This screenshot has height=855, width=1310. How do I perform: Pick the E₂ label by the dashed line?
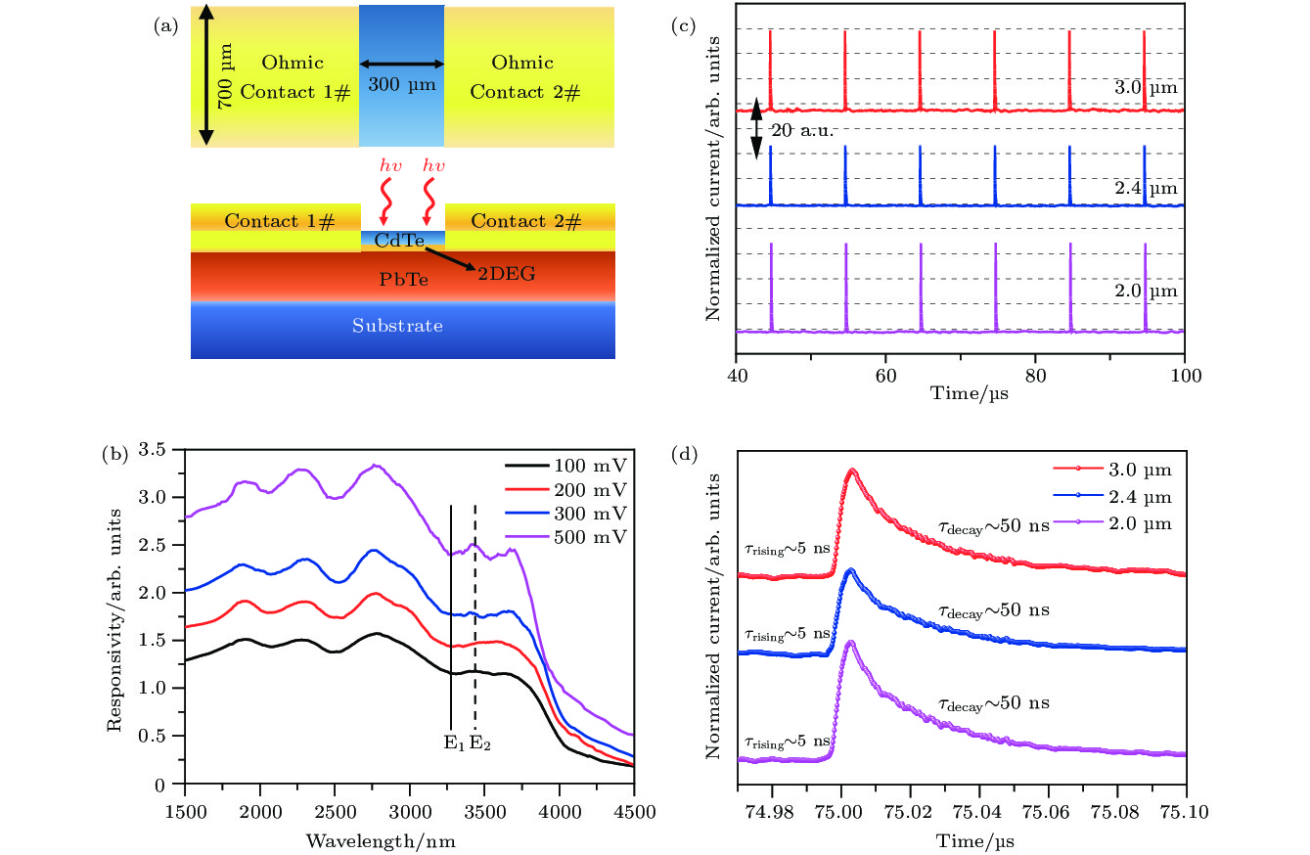click(479, 743)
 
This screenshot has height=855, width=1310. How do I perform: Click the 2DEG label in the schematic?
click(507, 275)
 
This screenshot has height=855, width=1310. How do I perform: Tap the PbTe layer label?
click(403, 280)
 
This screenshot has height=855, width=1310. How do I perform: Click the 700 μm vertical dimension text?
click(225, 76)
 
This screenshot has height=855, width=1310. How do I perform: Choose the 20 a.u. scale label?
click(801, 131)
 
